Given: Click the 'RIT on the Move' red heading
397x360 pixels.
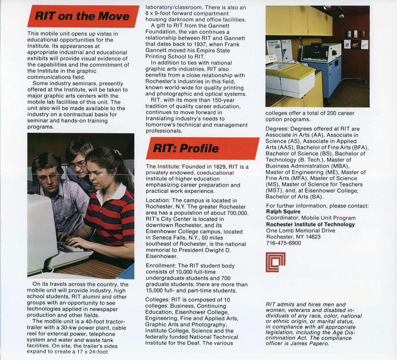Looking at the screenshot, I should (x=82, y=16).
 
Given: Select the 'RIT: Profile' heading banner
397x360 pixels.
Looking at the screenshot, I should (x=186, y=148).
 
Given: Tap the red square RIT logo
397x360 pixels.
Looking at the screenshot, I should (x=275, y=262).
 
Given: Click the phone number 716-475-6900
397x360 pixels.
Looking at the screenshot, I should (x=284, y=243).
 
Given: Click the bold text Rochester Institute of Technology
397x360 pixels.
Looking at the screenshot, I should (x=310, y=224).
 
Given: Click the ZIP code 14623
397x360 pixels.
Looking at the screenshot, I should (x=313, y=237).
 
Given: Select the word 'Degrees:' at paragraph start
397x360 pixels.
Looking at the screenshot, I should (x=277, y=129).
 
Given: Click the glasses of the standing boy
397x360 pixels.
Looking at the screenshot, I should (x=76, y=164).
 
